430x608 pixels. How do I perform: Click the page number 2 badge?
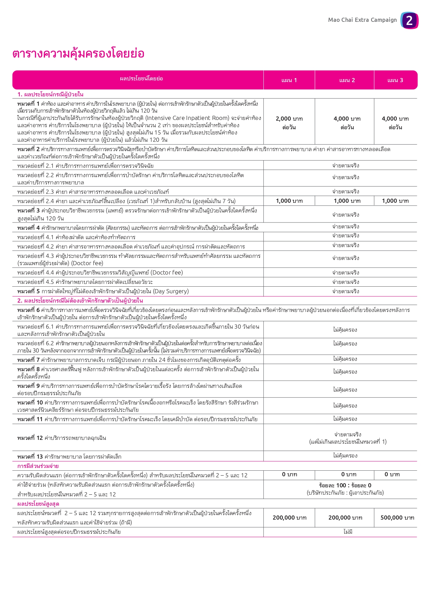[x=409, y=20]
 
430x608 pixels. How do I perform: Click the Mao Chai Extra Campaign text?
[x=362, y=20]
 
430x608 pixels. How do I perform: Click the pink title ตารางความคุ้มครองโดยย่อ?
[x=78, y=54]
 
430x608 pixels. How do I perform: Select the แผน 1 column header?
[x=289, y=80]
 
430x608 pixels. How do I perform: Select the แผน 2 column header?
[x=347, y=80]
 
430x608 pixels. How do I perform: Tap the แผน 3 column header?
[x=395, y=80]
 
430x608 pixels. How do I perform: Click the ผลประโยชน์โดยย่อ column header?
[x=141, y=79]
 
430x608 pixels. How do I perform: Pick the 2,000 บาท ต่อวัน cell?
[x=289, y=123]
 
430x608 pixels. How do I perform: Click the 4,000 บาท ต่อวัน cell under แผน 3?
[x=395, y=123]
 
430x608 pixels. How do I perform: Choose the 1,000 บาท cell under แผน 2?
[x=347, y=201]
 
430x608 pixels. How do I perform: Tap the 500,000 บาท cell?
[x=397, y=518]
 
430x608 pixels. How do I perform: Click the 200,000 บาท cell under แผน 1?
[x=289, y=518]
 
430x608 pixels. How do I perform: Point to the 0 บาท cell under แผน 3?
[x=392, y=475]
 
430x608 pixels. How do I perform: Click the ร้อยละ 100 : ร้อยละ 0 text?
[x=345, y=486]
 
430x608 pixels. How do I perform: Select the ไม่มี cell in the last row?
[x=348, y=532]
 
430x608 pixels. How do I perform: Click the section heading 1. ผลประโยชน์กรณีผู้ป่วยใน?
[x=50, y=94]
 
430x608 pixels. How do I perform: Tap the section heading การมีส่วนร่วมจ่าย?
[x=38, y=466]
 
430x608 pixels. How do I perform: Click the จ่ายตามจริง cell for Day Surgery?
[x=345, y=292]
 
